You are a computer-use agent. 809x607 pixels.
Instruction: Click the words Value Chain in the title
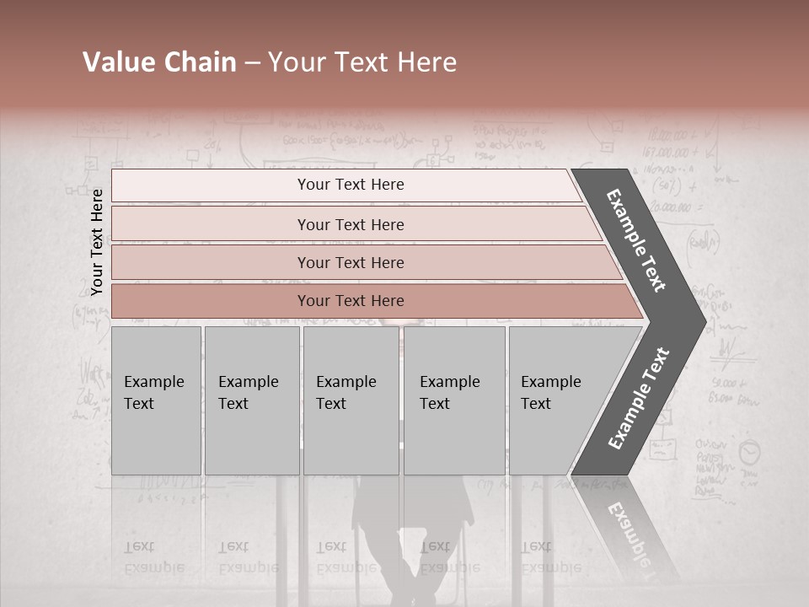pyautogui.click(x=159, y=62)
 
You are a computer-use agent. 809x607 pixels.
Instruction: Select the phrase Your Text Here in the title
pyautogui.click(x=362, y=62)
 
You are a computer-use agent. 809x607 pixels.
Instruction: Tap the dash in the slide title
pyautogui.click(x=252, y=63)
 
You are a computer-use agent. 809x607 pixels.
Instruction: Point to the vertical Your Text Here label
pyautogui.click(x=97, y=242)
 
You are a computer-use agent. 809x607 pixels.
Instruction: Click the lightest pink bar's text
pyautogui.click(x=351, y=185)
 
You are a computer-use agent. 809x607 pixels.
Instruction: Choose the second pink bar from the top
pyautogui.click(x=351, y=224)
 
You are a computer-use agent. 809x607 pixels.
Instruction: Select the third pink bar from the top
pyautogui.click(x=351, y=263)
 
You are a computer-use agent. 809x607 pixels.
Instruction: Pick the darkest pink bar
pyautogui.click(x=351, y=301)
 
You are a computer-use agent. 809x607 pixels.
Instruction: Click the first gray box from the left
pyautogui.click(x=156, y=400)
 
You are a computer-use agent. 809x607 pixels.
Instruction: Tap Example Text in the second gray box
pyautogui.click(x=248, y=393)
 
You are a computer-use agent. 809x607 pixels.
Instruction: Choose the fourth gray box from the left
pyautogui.click(x=453, y=400)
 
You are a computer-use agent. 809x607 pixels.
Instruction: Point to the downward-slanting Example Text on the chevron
pyautogui.click(x=637, y=240)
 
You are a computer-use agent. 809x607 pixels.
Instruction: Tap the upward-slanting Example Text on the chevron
pyautogui.click(x=639, y=398)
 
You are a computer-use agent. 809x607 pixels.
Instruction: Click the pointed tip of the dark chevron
pyautogui.click(x=703, y=321)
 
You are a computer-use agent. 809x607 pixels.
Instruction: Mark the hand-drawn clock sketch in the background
pyautogui.click(x=748, y=453)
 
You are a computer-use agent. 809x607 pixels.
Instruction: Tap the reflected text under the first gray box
pyautogui.click(x=153, y=557)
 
